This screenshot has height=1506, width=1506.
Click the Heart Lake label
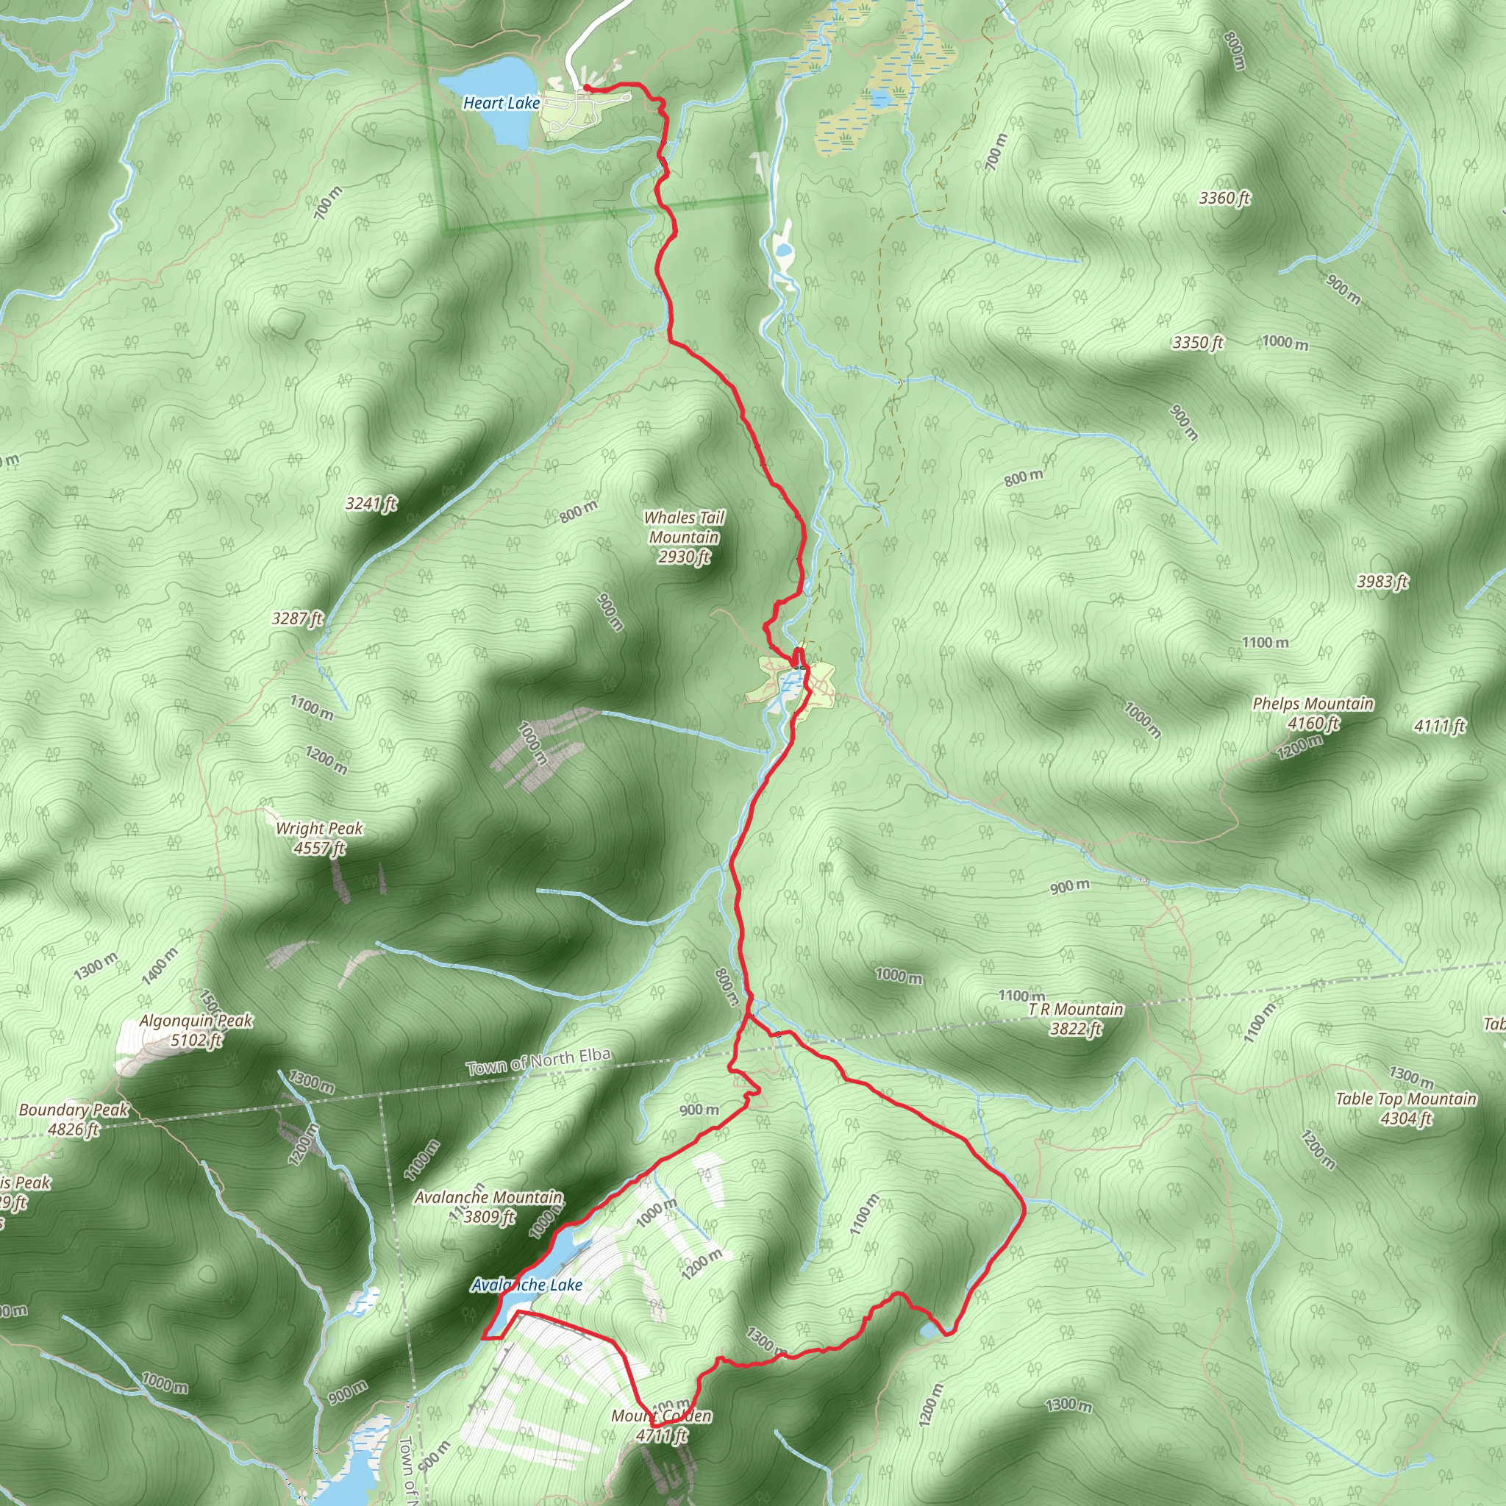click(x=502, y=103)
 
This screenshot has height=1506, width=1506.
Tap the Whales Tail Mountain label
click(x=684, y=537)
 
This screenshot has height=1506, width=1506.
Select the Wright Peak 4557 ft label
click(x=319, y=838)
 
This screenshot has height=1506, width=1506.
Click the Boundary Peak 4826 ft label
click(x=74, y=1119)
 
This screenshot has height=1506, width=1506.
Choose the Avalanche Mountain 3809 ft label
click(x=488, y=1207)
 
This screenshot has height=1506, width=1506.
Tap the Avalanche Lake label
click(x=527, y=1285)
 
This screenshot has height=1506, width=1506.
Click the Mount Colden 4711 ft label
click(x=662, y=1426)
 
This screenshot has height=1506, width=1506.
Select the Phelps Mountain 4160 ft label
click(x=1313, y=713)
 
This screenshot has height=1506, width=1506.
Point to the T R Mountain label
click(x=1076, y=1018)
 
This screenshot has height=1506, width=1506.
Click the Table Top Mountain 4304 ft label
click(x=1406, y=1108)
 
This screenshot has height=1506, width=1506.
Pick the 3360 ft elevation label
click(x=1224, y=198)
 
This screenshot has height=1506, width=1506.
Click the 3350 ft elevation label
click(x=1198, y=343)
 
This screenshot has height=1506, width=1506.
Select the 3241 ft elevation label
click(x=372, y=504)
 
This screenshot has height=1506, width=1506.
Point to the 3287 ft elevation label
click(x=297, y=619)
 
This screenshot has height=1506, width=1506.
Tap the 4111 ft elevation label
click(x=1440, y=727)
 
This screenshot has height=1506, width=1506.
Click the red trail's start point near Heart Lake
click(x=585, y=88)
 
